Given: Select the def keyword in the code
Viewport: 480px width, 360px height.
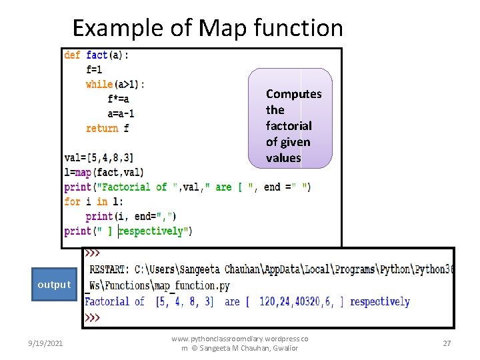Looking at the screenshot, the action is (73, 55).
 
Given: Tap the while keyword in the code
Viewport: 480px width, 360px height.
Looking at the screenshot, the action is (99, 84).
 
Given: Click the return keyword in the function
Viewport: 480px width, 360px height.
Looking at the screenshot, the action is (102, 128).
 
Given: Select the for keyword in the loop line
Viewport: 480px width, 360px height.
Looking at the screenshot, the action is (72, 201).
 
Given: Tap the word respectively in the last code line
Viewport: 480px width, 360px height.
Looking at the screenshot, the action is (153, 231).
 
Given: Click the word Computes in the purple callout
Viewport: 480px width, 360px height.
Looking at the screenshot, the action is (293, 94).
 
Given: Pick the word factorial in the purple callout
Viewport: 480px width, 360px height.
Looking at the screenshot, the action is (289, 126).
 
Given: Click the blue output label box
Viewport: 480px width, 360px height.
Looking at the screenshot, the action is (54, 285).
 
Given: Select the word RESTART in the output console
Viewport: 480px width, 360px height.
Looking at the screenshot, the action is (108, 269).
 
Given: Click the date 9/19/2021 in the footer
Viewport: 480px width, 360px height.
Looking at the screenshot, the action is (47, 343).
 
